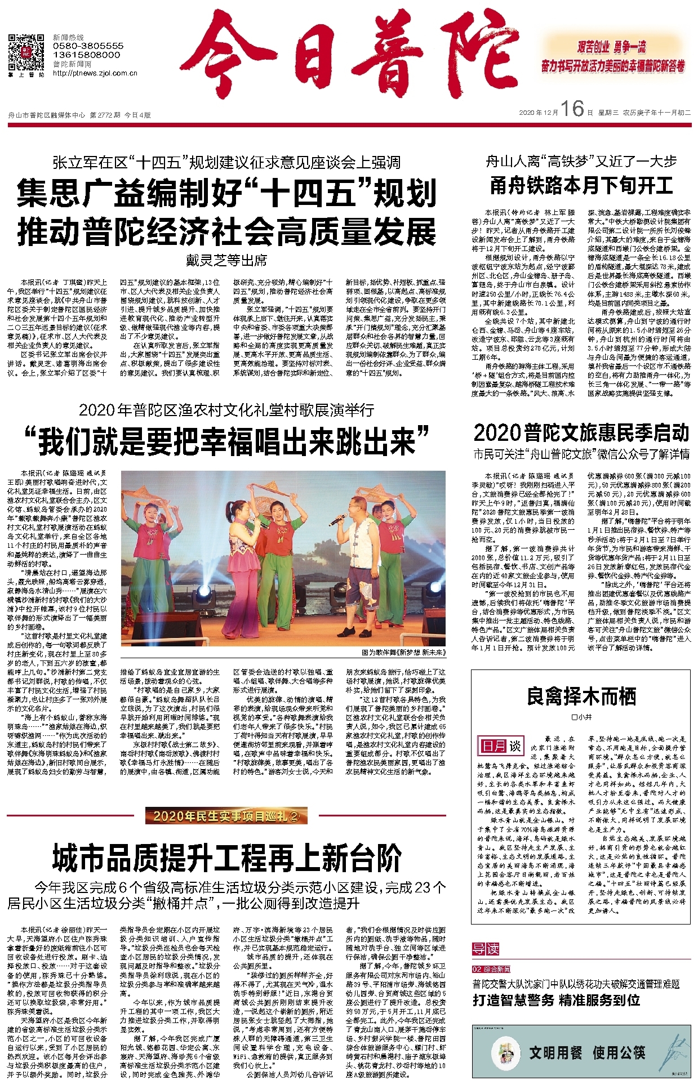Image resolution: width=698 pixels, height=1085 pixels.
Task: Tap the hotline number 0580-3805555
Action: [x=88, y=46]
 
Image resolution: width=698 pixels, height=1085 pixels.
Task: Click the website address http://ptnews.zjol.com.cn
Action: [x=95, y=73]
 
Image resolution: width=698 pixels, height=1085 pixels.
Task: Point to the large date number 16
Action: [x=572, y=109]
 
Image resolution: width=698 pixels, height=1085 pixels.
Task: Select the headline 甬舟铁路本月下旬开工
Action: [x=581, y=185]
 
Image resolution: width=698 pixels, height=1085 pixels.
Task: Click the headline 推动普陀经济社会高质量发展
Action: [x=226, y=233]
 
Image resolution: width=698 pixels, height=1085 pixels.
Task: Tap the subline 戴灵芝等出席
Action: [x=226, y=261]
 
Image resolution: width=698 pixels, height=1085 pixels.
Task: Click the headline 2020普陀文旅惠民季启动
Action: [x=581, y=432]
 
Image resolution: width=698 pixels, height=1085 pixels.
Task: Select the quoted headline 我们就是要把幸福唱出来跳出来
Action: [x=226, y=441]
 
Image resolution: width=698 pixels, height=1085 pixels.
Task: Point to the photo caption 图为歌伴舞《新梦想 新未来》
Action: [x=403, y=653]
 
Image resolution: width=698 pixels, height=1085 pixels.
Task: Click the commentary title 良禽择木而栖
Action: [x=581, y=697]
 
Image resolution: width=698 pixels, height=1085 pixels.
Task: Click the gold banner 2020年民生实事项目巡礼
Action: [x=226, y=815]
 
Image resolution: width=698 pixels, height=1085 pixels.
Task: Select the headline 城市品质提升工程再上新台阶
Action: [x=226, y=859]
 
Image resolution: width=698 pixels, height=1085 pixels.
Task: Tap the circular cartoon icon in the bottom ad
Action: [x=506, y=1052]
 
